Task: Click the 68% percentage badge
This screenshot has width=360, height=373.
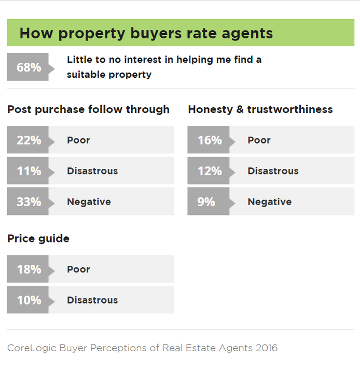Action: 29,67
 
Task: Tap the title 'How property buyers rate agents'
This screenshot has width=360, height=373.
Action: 146,33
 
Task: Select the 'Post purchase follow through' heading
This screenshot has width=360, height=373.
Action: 88,109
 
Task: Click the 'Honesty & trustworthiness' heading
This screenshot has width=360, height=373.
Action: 260,109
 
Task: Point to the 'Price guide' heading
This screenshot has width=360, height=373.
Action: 38,238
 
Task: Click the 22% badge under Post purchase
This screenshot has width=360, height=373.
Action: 29,140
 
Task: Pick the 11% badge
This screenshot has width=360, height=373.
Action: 29,171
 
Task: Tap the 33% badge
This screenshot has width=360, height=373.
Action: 29,202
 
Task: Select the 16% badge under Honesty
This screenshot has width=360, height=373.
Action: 209,140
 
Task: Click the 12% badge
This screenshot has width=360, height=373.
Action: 209,171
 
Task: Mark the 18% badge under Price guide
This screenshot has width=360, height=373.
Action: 29,269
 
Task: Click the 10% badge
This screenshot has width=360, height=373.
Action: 29,300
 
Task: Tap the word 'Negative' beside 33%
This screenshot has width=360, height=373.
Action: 89,202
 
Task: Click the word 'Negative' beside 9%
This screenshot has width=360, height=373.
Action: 269,202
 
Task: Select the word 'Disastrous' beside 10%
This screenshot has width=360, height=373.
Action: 92,300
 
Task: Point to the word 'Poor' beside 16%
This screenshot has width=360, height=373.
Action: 259,140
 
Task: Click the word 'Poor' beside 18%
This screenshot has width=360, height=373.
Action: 78,269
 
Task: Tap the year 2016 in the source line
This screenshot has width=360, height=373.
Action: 265,348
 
